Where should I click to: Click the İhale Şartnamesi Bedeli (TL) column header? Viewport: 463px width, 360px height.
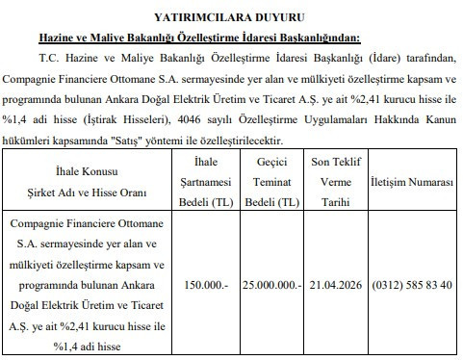click(206, 182)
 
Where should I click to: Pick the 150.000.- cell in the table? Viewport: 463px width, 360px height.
click(206, 286)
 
